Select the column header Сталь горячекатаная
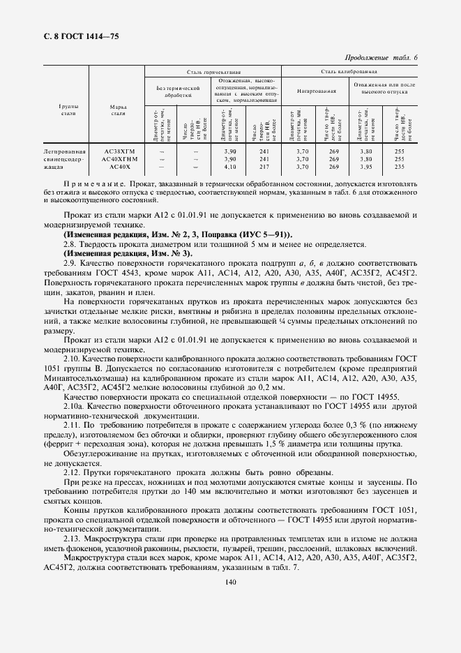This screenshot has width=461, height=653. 213,72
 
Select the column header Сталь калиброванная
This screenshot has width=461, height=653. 349,72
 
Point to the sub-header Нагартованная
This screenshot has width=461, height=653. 317,91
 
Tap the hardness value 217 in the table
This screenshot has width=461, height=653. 264,167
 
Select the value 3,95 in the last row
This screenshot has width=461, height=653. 365,167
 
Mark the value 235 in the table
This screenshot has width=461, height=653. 400,167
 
